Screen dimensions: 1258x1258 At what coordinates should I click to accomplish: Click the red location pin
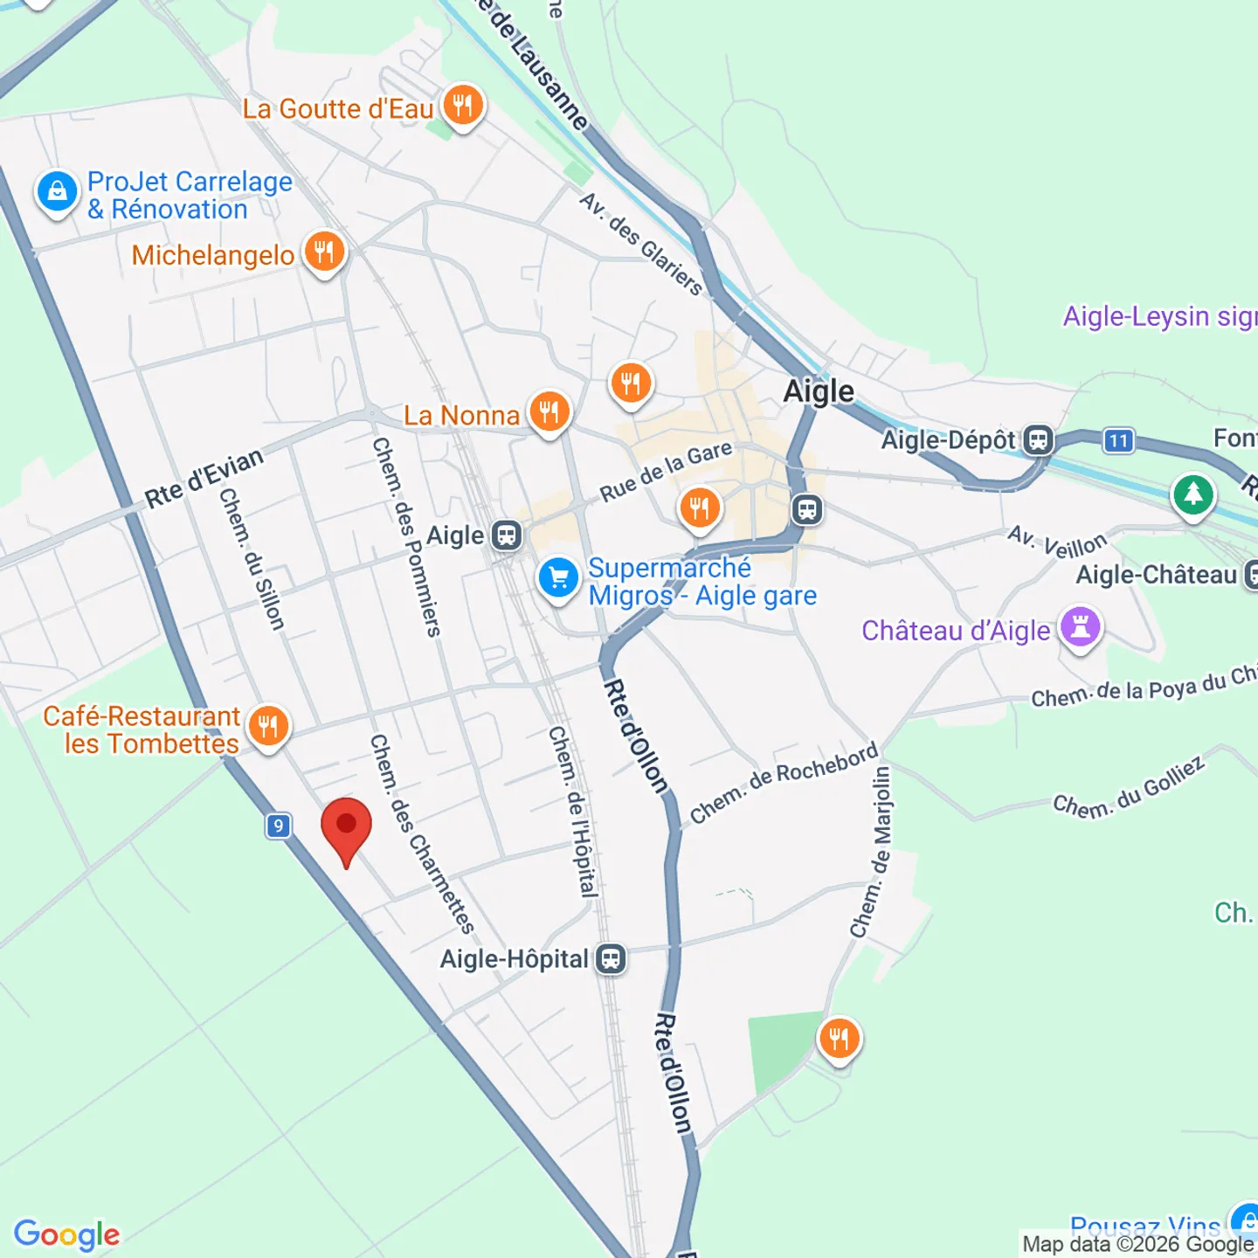pos(346,828)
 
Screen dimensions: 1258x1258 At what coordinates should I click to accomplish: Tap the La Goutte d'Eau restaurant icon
pos(463,106)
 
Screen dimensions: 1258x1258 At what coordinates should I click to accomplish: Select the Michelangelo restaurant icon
pos(324,252)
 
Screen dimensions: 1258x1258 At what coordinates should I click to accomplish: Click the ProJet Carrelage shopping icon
pos(58,191)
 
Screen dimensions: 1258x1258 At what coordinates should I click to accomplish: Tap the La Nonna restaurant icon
pos(549,411)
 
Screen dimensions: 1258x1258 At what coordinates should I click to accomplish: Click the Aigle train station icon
pos(507,535)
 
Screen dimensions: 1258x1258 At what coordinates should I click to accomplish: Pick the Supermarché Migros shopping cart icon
pos(559,578)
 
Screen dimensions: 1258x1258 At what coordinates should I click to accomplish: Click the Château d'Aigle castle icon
pos(1081,627)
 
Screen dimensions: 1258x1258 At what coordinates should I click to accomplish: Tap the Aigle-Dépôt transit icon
pos(1038,439)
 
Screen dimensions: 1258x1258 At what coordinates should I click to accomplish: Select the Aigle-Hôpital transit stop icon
pos(611,959)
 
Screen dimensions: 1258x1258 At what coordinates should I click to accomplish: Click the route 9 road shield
pos(278,826)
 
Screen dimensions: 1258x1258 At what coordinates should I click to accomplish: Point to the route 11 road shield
pos(1118,440)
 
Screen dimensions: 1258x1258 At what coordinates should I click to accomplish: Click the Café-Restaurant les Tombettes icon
pos(268,726)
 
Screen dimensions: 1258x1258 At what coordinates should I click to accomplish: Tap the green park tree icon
pos(1193,495)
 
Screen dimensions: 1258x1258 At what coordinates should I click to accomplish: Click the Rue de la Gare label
pos(666,472)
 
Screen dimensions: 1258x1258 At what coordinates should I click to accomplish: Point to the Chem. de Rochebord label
pos(784,783)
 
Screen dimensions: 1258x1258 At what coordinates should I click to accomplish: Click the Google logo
pos(67,1234)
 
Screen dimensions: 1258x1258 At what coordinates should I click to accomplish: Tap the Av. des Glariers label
pos(641,244)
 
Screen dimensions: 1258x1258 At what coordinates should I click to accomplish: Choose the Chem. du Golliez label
pos(1129,788)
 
